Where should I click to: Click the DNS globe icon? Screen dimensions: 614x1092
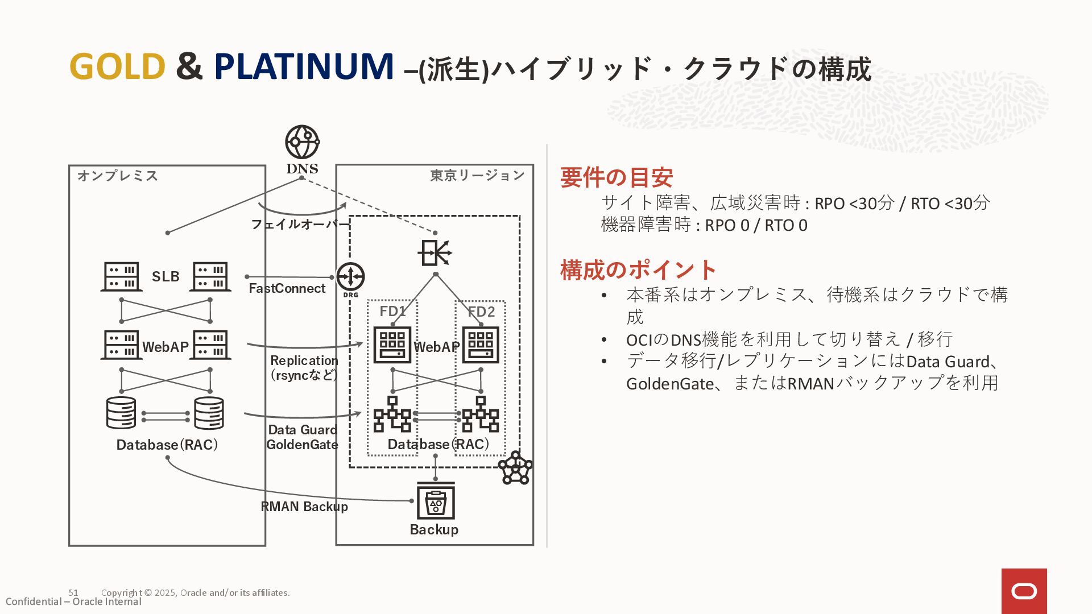302,142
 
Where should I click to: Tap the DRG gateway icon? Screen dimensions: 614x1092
350,277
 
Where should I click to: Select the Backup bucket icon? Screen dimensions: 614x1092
436,501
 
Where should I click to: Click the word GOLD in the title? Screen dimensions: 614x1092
117,67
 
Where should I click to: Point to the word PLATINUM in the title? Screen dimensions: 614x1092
304,67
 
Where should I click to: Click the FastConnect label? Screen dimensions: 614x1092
287,289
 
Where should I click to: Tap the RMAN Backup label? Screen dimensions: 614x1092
304,507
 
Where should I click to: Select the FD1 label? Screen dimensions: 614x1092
392,312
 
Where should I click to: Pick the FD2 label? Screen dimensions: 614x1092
481,312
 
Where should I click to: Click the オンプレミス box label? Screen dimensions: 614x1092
118,176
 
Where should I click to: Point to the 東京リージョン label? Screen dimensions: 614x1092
477,176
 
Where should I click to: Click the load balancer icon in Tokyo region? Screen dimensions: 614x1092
435,253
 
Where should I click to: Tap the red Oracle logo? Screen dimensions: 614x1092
1024,591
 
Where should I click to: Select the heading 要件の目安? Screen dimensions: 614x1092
617,177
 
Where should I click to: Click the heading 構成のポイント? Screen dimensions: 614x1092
638,270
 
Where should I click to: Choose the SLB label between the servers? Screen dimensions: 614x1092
166,277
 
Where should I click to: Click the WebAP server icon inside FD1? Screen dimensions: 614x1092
392,345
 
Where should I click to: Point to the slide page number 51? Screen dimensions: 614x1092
73,592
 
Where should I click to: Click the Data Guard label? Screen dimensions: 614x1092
303,430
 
